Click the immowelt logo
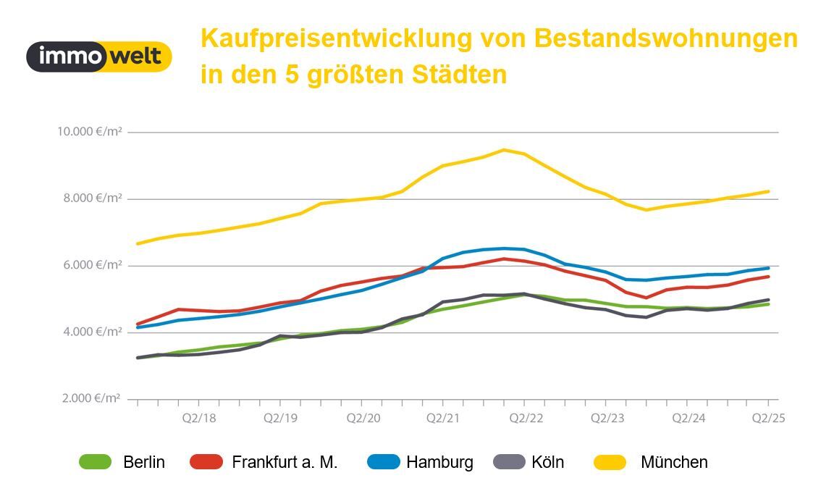click(x=99, y=56)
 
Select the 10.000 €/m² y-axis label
click(x=89, y=132)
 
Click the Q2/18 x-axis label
click(x=198, y=418)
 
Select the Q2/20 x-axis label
click(x=363, y=418)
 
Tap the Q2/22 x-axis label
click(x=526, y=418)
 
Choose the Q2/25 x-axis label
click(x=769, y=418)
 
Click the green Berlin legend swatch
click(x=96, y=462)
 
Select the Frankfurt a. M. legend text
click(x=285, y=462)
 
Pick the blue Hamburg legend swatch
click(x=383, y=462)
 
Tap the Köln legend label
click(x=547, y=462)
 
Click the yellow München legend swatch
click(x=610, y=462)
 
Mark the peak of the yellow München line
click(x=502, y=150)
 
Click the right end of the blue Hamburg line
click(x=768, y=268)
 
